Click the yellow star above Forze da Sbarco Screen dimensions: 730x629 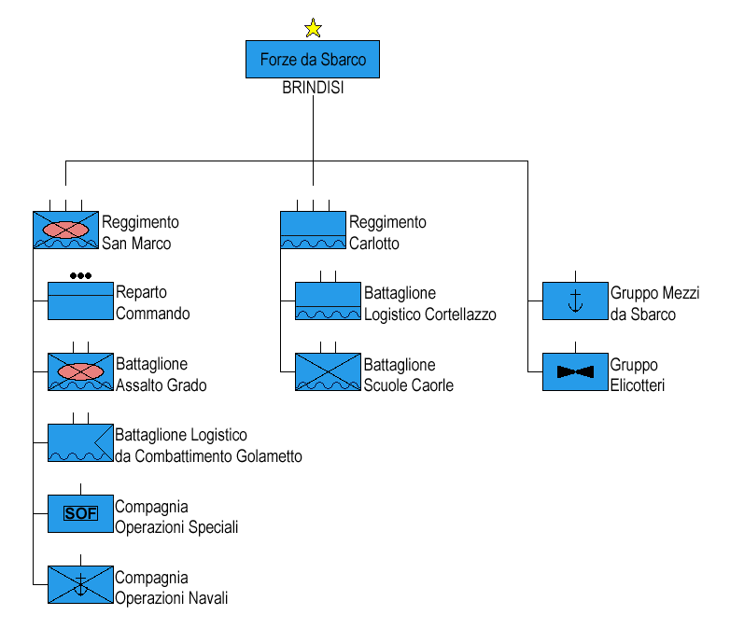(313, 28)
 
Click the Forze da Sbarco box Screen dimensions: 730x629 (313, 59)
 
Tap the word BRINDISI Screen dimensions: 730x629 (313, 88)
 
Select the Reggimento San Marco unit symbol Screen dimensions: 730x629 (65, 230)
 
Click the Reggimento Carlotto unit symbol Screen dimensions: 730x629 (313, 230)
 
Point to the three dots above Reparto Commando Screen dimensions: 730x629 (80, 275)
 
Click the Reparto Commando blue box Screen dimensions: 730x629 (80, 301)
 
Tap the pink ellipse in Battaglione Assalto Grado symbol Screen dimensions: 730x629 (80, 371)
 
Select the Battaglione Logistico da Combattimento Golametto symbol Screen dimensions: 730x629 (80, 442)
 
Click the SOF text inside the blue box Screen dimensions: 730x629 (80, 513)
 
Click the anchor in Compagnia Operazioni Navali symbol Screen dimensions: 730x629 (80, 585)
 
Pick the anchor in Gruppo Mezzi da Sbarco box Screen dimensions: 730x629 (575, 301)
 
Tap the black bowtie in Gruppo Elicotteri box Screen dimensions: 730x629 (575, 371)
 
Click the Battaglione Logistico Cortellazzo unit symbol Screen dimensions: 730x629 (328, 301)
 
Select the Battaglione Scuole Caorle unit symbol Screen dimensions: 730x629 (328, 371)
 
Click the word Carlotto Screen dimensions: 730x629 (373, 244)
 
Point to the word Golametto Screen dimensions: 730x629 (269, 456)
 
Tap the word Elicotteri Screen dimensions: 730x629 (638, 385)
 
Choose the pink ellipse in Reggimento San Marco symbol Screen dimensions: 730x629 (65, 230)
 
